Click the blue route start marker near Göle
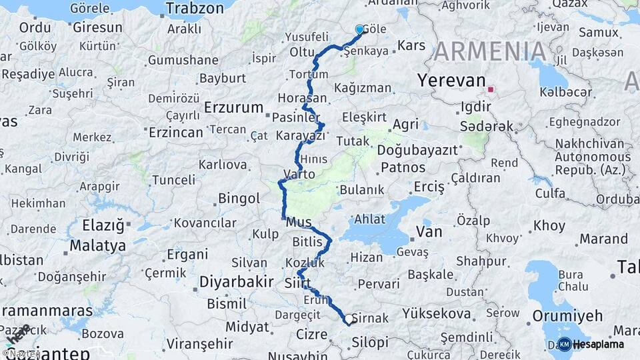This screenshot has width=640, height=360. coord(360,29)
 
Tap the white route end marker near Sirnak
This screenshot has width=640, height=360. coord(348,320)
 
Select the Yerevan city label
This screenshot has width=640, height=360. coord(451,81)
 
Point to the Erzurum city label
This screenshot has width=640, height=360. coord(234,107)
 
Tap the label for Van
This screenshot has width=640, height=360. coord(429,231)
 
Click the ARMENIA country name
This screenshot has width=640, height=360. coord(491,51)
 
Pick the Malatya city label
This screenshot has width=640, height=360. coord(97,245)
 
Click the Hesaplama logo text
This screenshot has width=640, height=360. coord(598,344)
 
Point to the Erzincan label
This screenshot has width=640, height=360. coord(175,132)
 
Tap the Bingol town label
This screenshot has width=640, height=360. coord(239,198)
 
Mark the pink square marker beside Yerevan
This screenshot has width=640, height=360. coord(491,89)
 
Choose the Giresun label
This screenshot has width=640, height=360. coord(97,28)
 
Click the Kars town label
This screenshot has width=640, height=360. coord(411,46)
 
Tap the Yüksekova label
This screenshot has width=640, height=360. coord(437,313)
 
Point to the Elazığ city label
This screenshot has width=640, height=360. coord(103,225)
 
